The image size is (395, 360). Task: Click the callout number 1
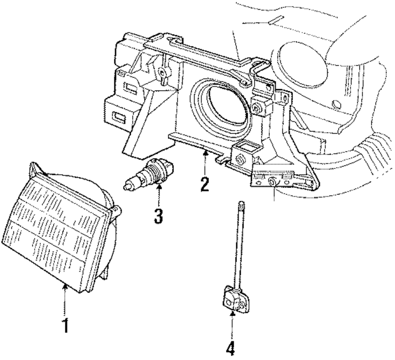[65, 326]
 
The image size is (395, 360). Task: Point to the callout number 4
[231, 349]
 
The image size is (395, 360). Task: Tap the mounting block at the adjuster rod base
[235, 299]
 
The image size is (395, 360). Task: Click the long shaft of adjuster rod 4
[239, 246]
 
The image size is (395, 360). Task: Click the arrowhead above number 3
[159, 187]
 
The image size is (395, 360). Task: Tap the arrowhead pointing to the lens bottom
[65, 286]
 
